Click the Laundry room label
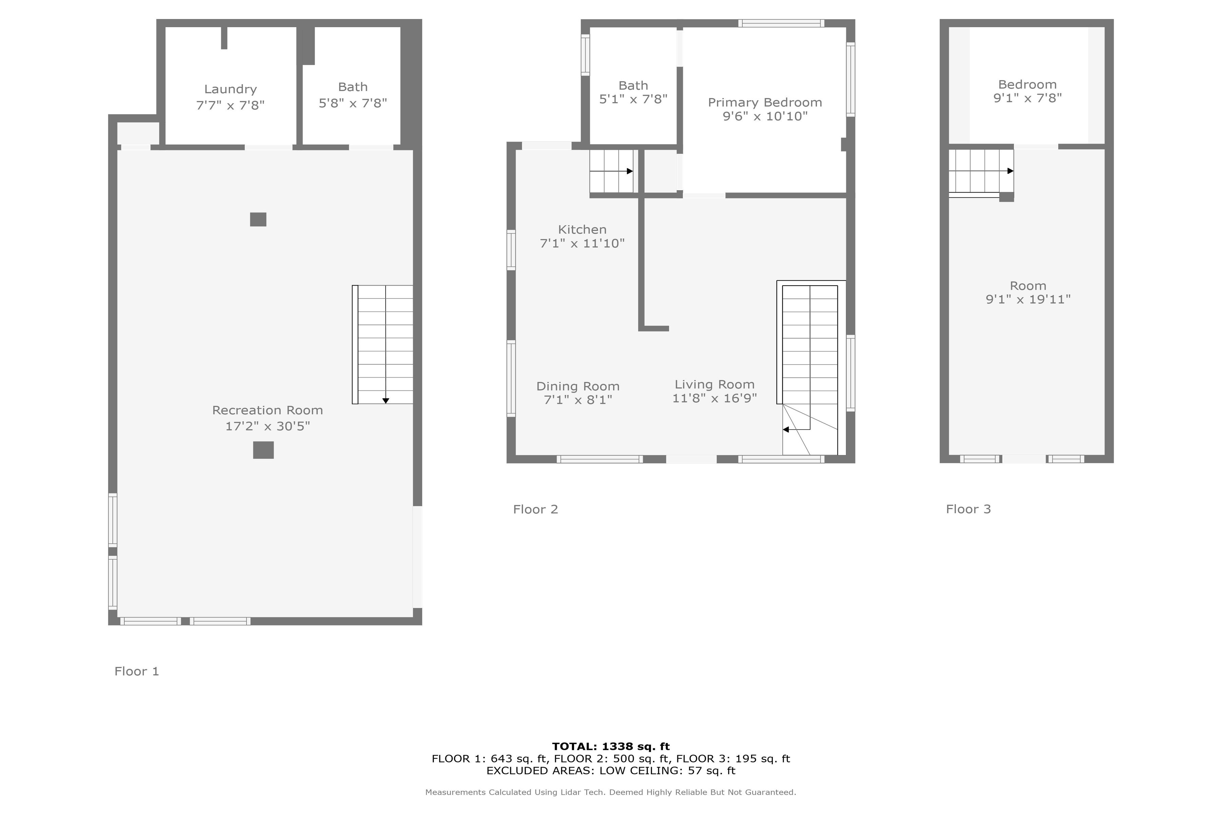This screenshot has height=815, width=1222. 230,89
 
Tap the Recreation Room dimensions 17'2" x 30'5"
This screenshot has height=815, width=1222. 267,426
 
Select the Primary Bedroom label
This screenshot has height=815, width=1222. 765,103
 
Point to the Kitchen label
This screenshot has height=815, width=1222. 582,230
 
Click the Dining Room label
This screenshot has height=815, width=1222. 578,387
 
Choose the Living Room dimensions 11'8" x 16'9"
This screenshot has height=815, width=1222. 715,398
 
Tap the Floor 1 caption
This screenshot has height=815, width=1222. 137,672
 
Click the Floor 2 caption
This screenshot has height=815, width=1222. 535,509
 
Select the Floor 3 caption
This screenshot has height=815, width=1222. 968,509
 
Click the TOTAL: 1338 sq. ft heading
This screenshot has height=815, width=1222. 611,747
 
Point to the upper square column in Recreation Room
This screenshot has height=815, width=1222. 258,219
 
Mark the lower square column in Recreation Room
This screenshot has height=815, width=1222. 263,450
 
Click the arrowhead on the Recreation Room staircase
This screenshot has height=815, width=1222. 386,401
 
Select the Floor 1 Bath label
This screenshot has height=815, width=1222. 353,87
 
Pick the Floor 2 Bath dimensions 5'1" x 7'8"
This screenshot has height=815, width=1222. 633,99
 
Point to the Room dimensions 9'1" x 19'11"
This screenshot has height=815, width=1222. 1028,300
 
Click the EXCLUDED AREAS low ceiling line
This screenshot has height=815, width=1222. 611,771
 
